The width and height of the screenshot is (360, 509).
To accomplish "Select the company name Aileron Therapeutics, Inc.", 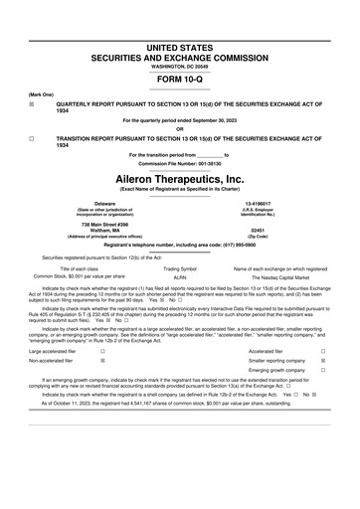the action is point(180,177).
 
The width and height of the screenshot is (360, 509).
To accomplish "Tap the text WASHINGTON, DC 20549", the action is point(180,65).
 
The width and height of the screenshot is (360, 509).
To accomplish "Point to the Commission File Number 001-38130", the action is point(180,164).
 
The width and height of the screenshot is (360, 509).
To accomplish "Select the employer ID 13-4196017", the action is point(258,203).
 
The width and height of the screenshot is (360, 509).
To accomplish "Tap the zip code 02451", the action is point(258,228).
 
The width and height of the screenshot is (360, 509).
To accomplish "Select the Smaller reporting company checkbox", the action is point(323,363).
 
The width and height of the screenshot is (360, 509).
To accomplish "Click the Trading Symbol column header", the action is point(180,268).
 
